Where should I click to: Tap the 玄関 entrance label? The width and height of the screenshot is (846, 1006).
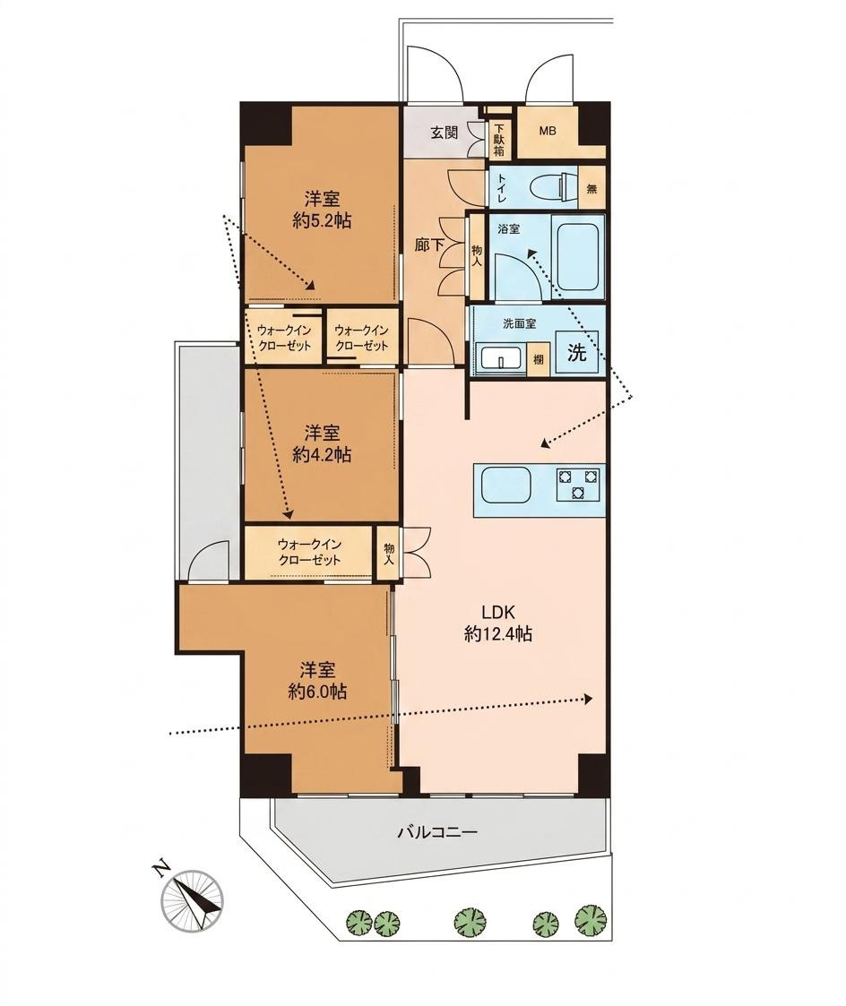[x=444, y=133]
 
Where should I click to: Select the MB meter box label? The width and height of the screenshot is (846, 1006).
[x=548, y=132]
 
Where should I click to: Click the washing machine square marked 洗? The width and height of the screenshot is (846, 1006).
[x=576, y=352]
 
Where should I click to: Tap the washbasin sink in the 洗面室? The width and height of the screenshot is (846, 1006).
[x=500, y=359]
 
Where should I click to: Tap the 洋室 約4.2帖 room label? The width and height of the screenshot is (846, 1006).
[x=321, y=443]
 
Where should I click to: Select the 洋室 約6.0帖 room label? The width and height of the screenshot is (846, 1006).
[x=318, y=681]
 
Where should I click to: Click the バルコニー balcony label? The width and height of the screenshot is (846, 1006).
[x=437, y=833]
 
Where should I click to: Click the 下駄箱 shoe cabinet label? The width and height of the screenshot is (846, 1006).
[x=499, y=140]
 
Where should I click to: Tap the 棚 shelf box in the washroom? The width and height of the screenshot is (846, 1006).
[x=537, y=359]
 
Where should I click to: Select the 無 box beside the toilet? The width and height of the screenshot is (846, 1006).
[x=591, y=189]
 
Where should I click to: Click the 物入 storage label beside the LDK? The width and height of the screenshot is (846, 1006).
[x=388, y=553]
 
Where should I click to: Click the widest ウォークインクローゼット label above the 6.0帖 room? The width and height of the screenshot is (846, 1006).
[x=309, y=552]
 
